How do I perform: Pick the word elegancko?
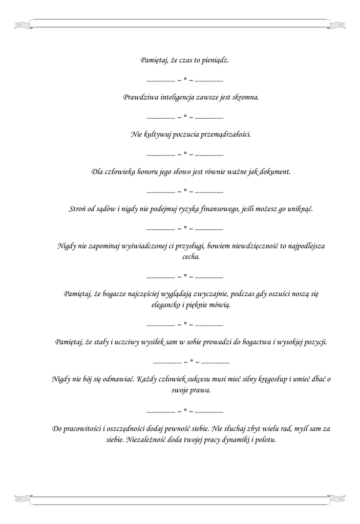[167, 304]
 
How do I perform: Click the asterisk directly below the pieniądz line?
[185, 80]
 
